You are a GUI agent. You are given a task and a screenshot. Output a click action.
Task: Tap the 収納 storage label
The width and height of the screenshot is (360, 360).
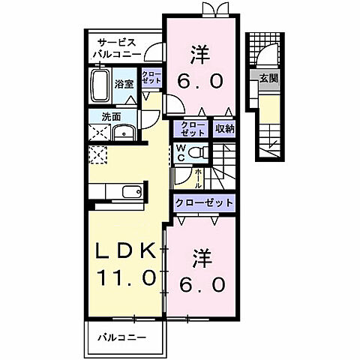[x=226, y=128]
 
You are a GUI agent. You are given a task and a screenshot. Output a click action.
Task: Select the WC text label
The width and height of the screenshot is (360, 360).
[x=181, y=152]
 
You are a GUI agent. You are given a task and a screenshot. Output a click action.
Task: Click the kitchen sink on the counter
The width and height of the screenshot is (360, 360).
[x=133, y=192]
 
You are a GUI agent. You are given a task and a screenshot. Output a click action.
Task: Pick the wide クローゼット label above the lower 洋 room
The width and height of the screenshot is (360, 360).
[x=205, y=203]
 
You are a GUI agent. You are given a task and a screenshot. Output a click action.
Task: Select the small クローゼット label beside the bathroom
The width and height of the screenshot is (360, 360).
[x=151, y=79]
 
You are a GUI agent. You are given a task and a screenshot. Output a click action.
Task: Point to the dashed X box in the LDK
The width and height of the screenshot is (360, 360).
[x=97, y=155]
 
